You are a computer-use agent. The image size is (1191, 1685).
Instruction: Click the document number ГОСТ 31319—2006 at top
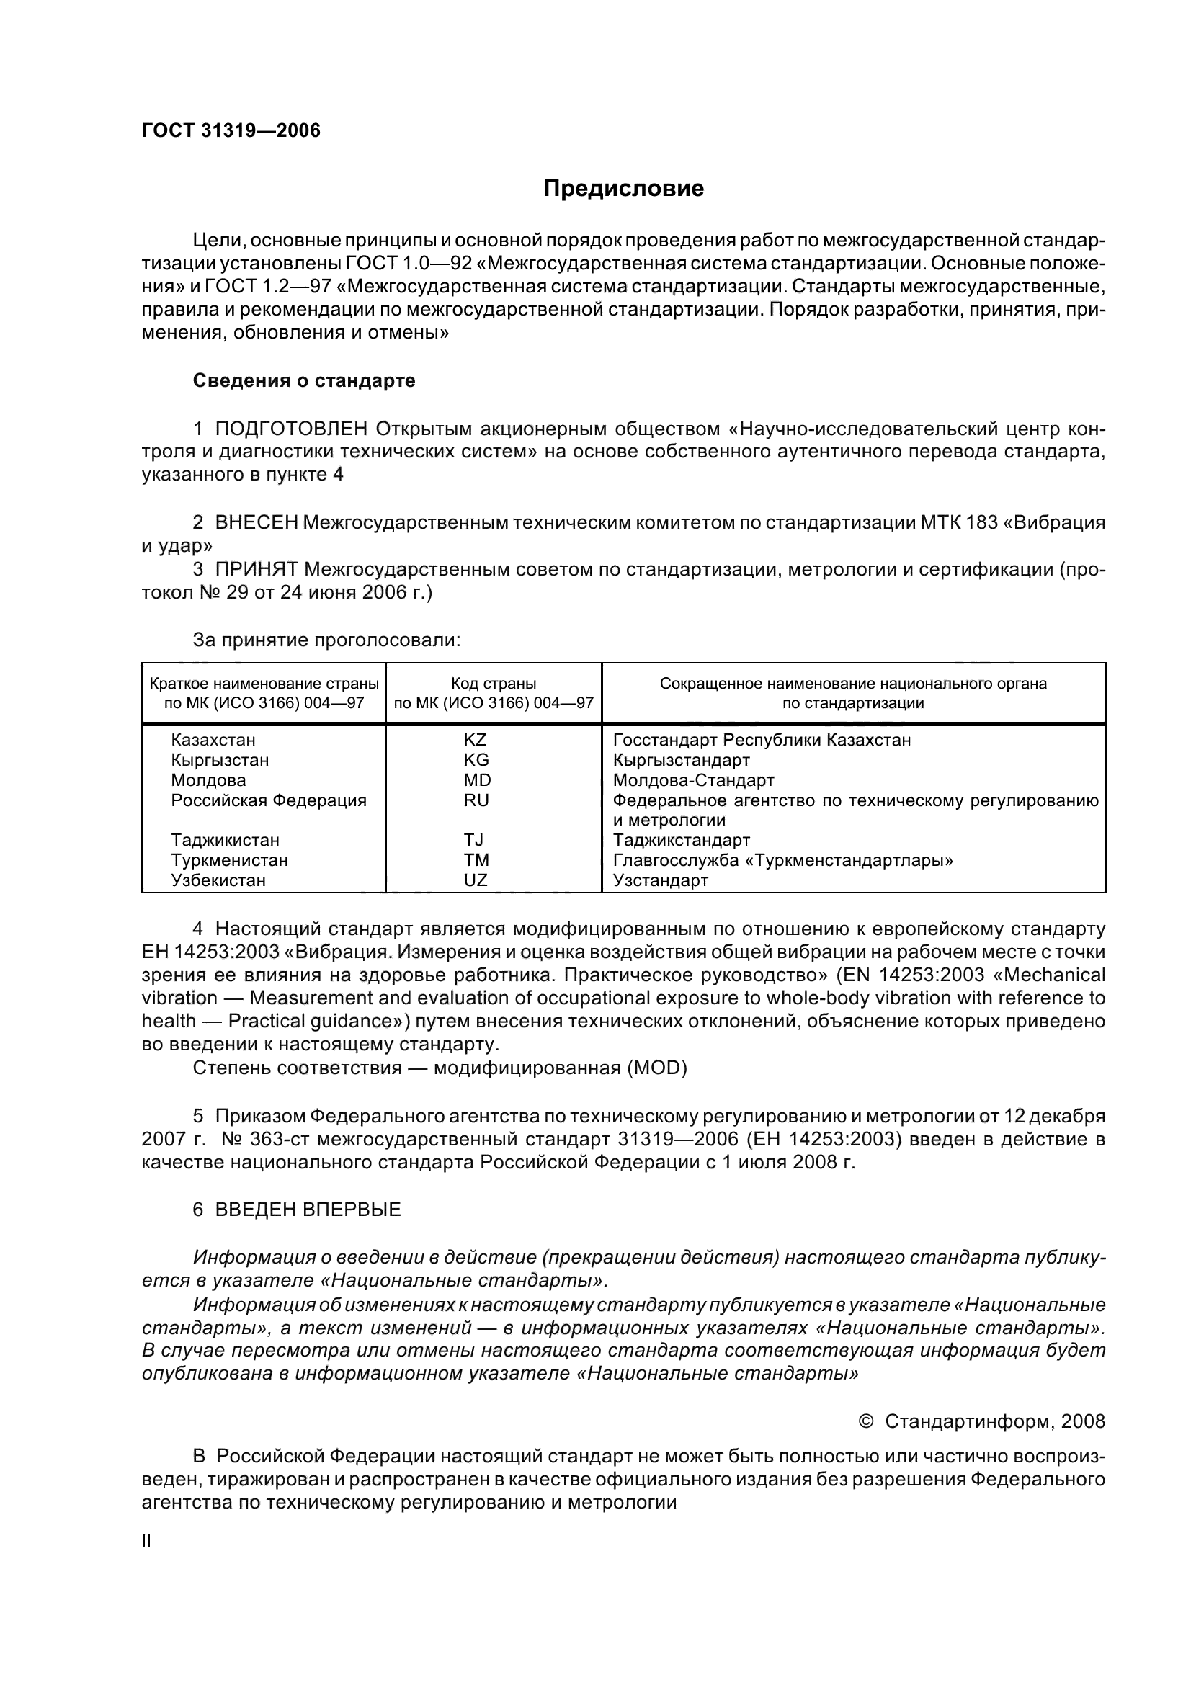pos(231,130)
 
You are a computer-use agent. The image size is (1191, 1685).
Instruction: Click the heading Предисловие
pos(623,189)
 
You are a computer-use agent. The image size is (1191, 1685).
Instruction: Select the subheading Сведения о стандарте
pos(304,380)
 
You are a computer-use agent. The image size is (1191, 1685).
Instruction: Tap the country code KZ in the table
pos(476,740)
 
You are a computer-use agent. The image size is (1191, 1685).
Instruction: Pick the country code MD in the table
pos(477,780)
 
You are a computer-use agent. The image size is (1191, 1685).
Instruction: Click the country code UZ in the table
pos(476,880)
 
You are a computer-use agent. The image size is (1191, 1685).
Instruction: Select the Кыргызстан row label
pos(220,760)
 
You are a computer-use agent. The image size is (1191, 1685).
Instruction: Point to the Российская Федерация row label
pos(269,800)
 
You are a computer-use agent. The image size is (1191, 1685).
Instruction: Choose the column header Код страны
pos(493,683)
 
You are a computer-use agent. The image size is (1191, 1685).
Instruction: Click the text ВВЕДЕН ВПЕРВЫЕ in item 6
pos(308,1210)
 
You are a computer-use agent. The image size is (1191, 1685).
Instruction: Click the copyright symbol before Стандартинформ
pos(865,1421)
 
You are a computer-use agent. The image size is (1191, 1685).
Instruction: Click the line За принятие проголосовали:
pos(326,640)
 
